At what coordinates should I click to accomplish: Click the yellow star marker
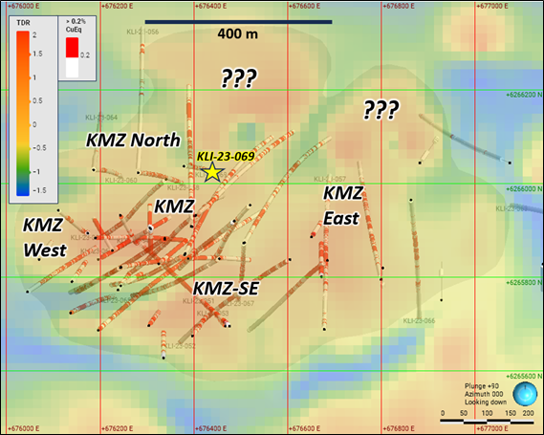click(212, 172)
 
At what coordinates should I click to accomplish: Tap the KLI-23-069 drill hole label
click(225, 156)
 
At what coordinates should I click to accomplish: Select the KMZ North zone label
click(133, 140)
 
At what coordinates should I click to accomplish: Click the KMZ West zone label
click(44, 237)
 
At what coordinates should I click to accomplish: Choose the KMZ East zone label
click(341, 206)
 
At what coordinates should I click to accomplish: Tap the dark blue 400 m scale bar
click(239, 21)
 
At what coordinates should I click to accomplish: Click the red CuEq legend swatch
click(71, 54)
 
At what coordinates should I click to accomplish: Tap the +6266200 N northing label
click(523, 94)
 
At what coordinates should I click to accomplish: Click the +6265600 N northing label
click(523, 377)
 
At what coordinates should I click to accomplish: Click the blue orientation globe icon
click(525, 395)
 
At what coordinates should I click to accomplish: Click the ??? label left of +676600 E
click(239, 78)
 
